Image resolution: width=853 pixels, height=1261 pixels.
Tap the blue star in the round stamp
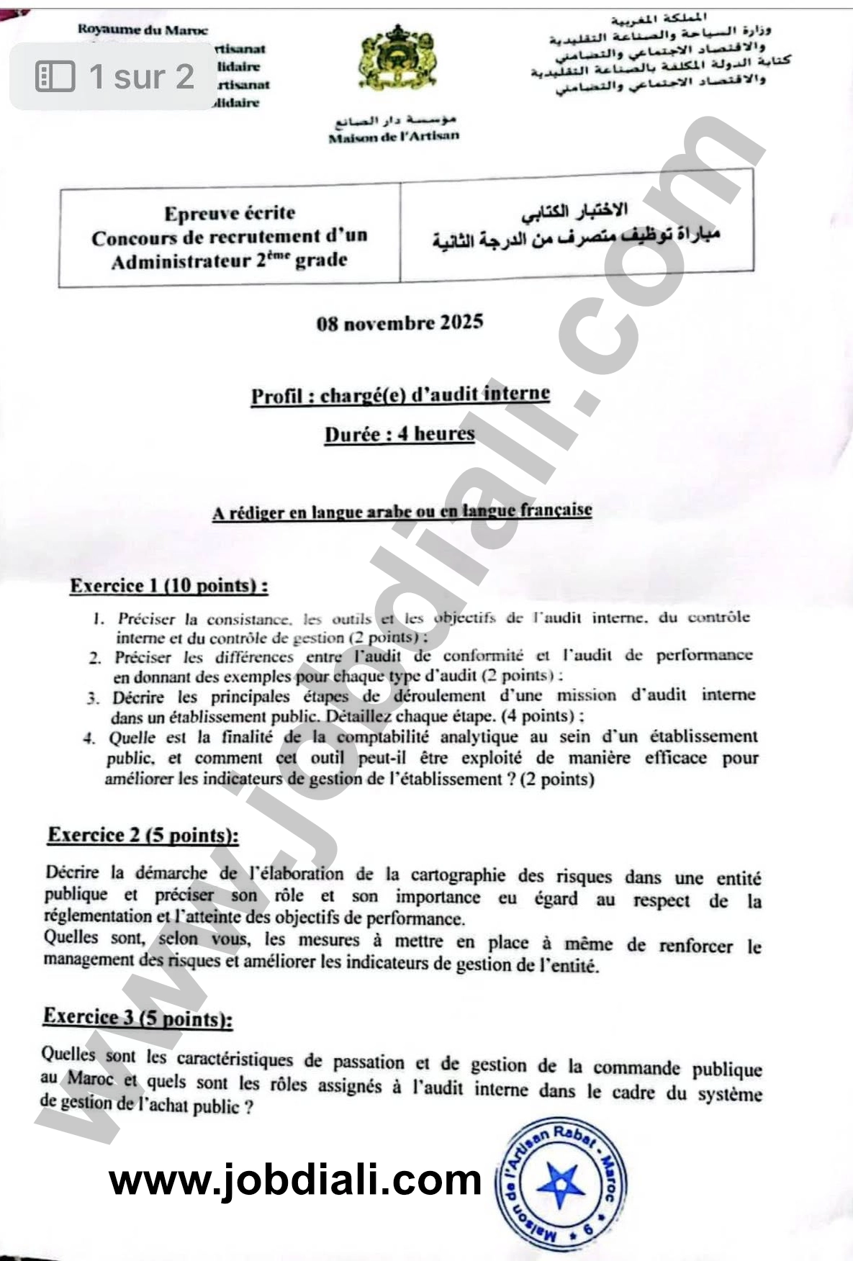[x=561, y=1184]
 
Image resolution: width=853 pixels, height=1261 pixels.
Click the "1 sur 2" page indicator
[x=141, y=76]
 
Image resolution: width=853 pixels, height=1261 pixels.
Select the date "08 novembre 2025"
[x=400, y=322]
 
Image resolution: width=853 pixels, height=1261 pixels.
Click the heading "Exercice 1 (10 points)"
[x=169, y=586]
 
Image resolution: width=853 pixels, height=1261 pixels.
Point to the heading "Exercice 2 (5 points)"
[x=143, y=835]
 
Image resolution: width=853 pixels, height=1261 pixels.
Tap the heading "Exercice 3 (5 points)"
[x=137, y=1017]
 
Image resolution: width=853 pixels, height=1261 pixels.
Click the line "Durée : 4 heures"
[x=400, y=434]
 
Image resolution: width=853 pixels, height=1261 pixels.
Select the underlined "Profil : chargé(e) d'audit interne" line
[x=400, y=395]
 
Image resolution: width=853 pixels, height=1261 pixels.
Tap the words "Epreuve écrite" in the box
[x=230, y=213]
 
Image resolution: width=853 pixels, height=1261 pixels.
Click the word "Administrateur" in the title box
[x=180, y=261]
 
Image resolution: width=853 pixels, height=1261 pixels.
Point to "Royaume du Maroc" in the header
[x=143, y=30]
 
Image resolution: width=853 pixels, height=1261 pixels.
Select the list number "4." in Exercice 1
[x=89, y=738]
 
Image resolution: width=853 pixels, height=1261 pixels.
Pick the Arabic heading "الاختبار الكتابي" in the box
[x=574, y=211]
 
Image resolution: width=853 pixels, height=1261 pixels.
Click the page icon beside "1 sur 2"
[x=55, y=76]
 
